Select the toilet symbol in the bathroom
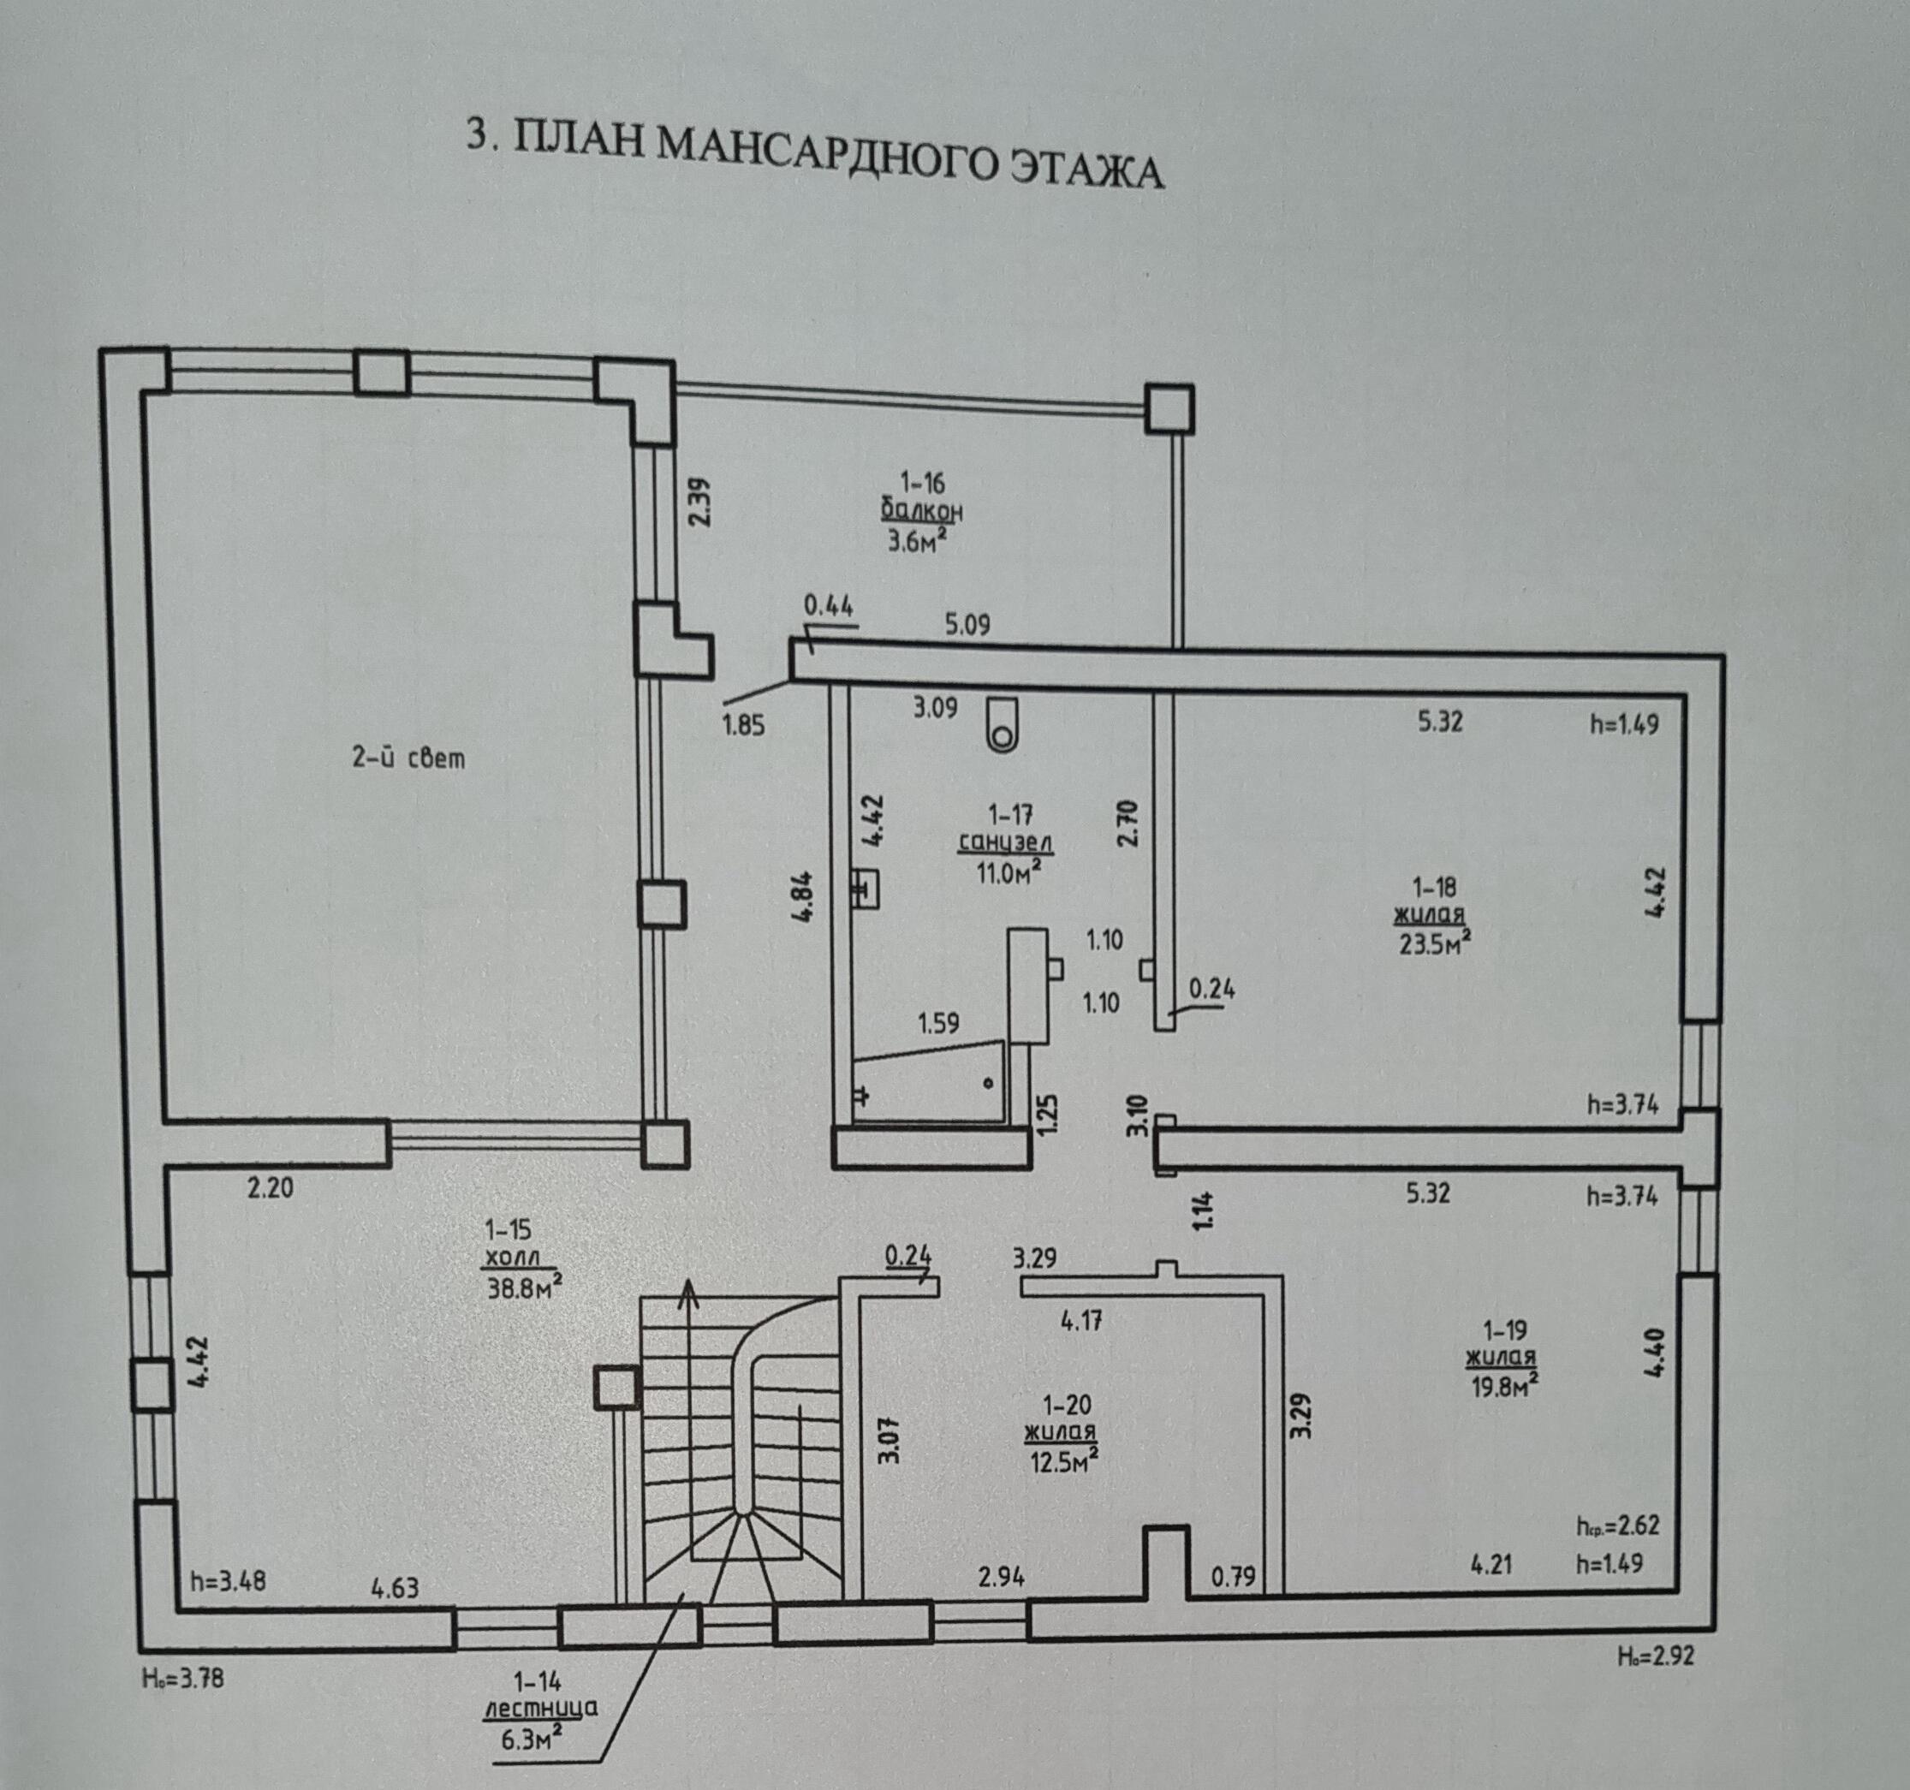(1003, 724)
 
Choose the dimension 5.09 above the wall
(967, 626)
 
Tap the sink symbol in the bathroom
(865, 889)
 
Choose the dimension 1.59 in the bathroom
(937, 1023)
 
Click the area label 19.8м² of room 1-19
(1500, 1387)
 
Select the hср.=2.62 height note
(1617, 1525)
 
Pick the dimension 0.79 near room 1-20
(1233, 1577)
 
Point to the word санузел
(1006, 843)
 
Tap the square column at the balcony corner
(1169, 408)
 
